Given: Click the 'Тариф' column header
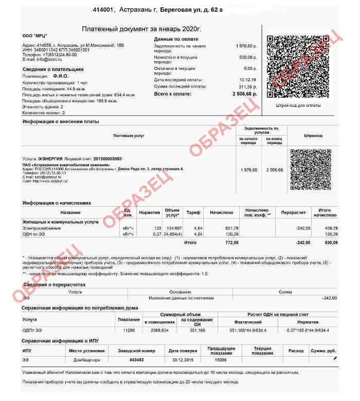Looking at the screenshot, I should click(x=193, y=212).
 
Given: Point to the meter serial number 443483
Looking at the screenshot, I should click(x=136, y=359).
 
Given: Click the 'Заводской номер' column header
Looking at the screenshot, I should click(x=136, y=351).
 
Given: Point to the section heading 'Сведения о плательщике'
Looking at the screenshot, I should click(x=53, y=69).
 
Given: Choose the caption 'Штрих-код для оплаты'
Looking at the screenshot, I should click(x=298, y=105).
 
